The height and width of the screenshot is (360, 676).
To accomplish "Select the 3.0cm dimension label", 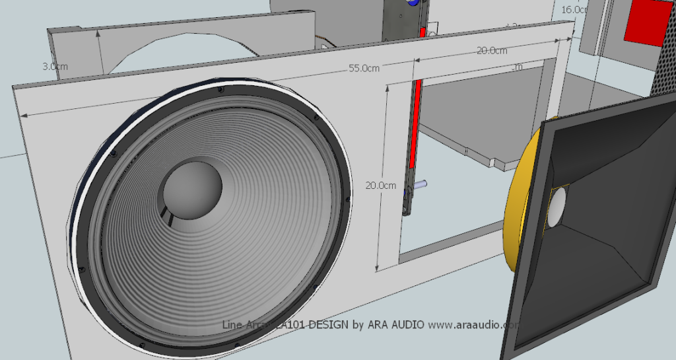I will pos(55,67).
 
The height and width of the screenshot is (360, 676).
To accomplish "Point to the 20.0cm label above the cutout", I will pos(492,51).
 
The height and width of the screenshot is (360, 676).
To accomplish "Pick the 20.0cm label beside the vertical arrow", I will pos(381,186).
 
